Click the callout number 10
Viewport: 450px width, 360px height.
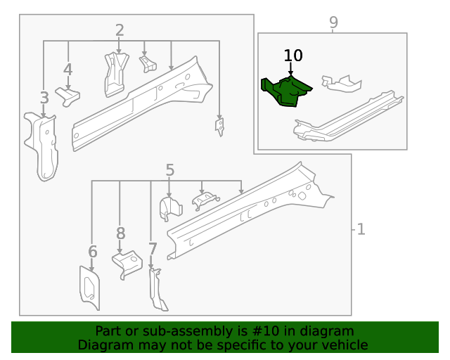293,56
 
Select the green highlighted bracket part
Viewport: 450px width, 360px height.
285,91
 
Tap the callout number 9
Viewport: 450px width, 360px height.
333,22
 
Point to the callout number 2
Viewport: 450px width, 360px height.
120,30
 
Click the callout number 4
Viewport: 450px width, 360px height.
67,70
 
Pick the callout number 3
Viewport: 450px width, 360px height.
44,98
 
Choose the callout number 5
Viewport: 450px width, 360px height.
169,169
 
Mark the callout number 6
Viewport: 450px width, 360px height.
92,252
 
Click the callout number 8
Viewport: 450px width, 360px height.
120,233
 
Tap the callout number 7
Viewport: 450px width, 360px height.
152,249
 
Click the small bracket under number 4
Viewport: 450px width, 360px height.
68,97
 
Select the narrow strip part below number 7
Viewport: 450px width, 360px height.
157,290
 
